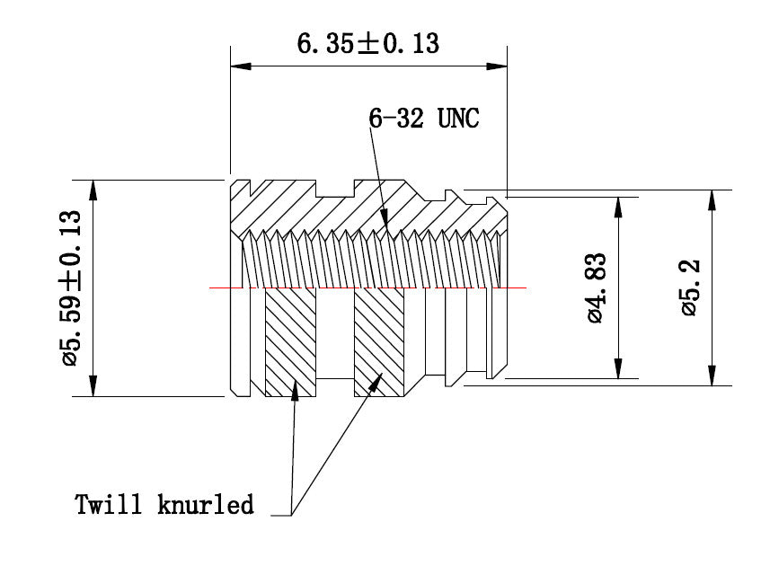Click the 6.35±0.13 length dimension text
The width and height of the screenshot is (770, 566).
click(x=368, y=42)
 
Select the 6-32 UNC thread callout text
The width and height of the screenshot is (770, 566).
click(x=424, y=118)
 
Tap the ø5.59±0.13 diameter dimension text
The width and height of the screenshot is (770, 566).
click(x=72, y=287)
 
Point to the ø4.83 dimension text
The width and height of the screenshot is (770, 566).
click(x=597, y=287)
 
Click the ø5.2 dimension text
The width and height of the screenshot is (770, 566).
click(x=690, y=287)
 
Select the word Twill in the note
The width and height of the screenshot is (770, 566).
click(x=108, y=504)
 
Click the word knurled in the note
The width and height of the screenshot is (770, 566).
click(x=207, y=504)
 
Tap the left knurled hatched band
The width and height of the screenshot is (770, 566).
click(x=290, y=341)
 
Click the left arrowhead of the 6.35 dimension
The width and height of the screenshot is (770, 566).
click(x=238, y=66)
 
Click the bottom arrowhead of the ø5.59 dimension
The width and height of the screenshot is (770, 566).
click(x=93, y=389)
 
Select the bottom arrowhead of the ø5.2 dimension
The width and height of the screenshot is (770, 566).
click(x=712, y=378)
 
